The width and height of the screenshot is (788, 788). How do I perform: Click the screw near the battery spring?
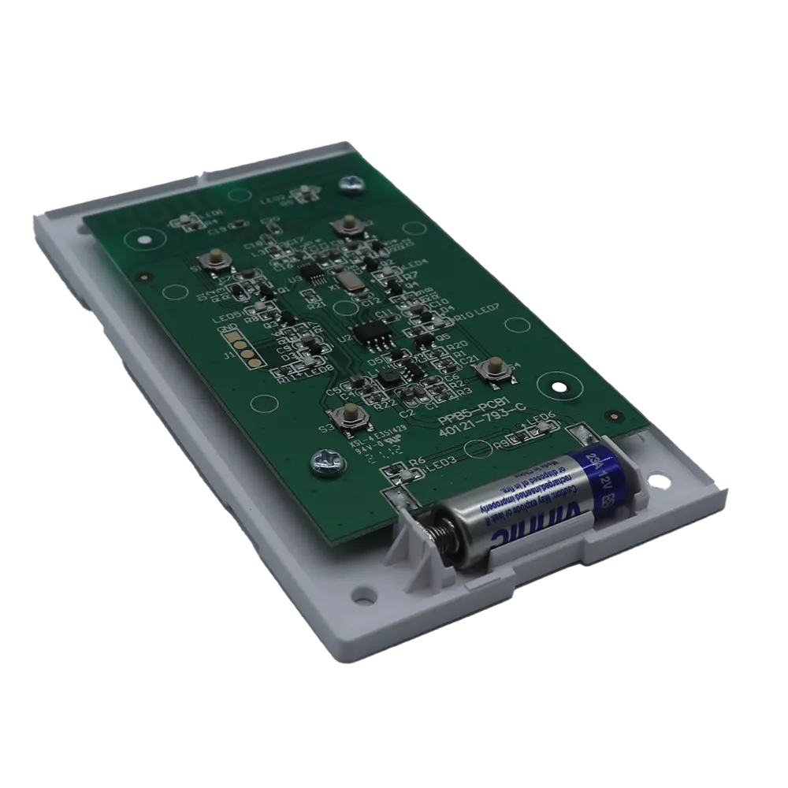click(x=325, y=458)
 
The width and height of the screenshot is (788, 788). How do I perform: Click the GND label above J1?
click(x=227, y=329)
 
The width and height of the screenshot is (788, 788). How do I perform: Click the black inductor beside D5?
click(x=388, y=379)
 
